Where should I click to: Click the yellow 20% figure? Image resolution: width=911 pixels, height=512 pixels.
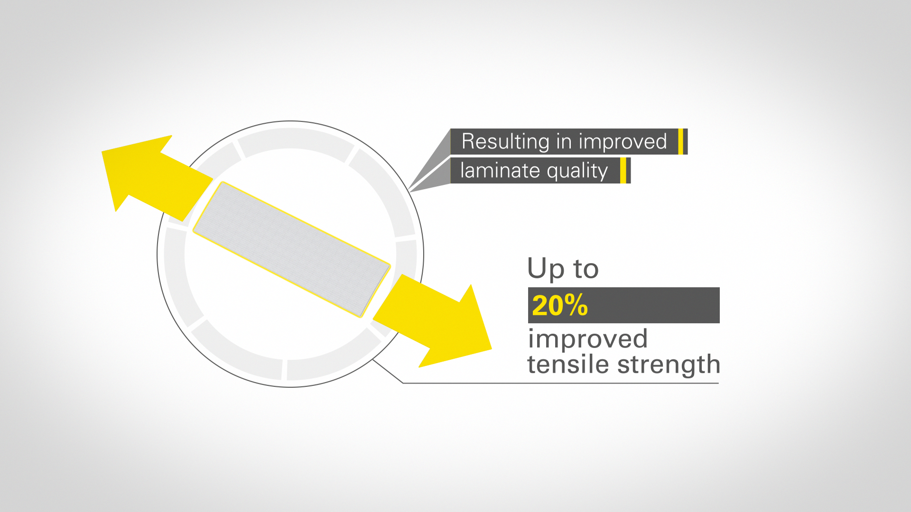click(560, 305)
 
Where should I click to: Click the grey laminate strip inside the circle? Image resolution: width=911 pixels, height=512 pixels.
click(291, 249)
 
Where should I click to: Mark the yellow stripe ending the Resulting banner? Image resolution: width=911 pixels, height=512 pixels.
click(681, 141)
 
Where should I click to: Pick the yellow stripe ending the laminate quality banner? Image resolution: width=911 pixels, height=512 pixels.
click(623, 171)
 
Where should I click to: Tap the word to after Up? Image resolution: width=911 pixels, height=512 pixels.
click(586, 269)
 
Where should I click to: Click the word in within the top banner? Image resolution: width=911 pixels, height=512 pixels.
click(564, 141)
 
